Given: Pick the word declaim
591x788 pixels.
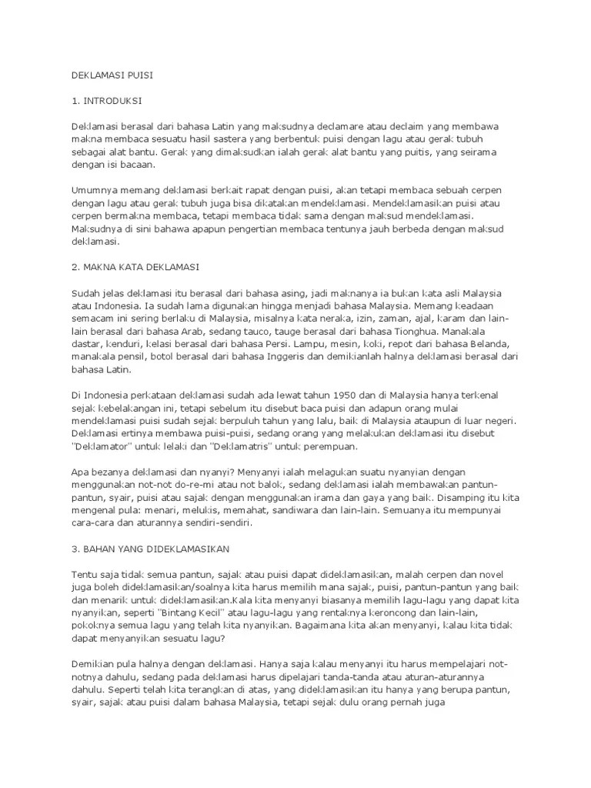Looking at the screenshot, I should coord(405,125).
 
